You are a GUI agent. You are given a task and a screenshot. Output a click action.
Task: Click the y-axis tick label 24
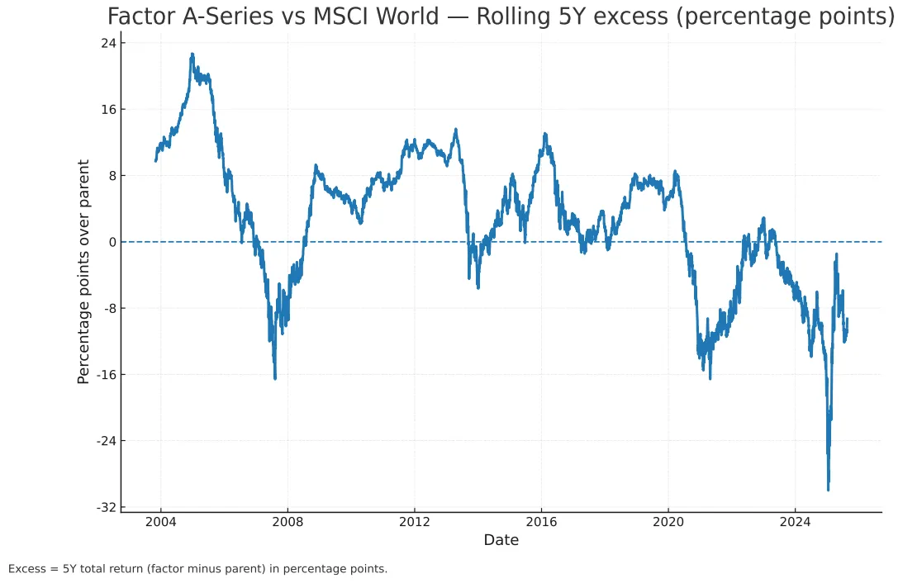click(107, 43)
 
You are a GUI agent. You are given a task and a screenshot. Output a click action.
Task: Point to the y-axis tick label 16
click(107, 110)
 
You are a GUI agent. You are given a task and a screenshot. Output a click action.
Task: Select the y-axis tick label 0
click(111, 242)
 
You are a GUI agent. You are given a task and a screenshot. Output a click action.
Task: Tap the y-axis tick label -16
click(105, 375)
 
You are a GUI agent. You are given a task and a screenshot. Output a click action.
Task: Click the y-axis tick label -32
click(105, 507)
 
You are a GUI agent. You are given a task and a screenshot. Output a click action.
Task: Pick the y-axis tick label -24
click(105, 441)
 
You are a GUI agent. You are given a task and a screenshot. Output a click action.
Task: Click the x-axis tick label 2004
click(160, 522)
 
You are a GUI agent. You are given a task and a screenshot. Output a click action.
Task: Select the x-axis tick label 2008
click(287, 522)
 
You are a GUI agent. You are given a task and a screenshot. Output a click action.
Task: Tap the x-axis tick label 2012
click(414, 522)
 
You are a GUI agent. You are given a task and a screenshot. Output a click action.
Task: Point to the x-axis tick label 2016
click(541, 522)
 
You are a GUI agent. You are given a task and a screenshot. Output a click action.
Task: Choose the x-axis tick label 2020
click(668, 522)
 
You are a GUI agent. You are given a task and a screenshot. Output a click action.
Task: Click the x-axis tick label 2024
click(795, 522)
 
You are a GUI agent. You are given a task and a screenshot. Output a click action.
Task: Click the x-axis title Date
click(501, 540)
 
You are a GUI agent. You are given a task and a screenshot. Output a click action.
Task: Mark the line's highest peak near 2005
click(192, 55)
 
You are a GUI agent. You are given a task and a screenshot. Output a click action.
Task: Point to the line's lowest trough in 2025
click(828, 490)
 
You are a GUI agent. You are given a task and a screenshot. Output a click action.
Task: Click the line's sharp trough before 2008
click(275, 378)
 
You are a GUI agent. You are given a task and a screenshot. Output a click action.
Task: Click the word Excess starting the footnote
click(27, 569)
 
